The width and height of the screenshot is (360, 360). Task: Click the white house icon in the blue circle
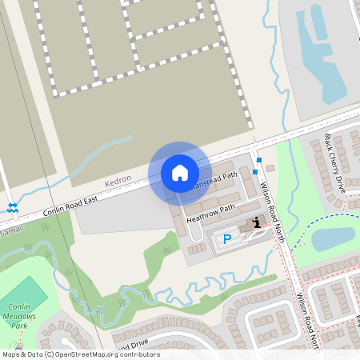[x=180, y=172]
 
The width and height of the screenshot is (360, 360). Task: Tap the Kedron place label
[x=117, y=183]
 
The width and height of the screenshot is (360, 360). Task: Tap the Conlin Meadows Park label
[x=24, y=315]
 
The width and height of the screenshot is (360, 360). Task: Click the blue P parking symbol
[x=227, y=238]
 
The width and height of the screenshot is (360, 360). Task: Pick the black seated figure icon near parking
[x=256, y=222]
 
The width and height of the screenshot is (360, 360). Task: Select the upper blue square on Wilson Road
[x=258, y=160]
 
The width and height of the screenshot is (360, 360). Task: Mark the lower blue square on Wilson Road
[x=254, y=171]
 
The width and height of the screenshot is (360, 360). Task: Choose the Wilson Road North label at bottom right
[x=308, y=320]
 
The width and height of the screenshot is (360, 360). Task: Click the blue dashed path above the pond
[x=320, y=221]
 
